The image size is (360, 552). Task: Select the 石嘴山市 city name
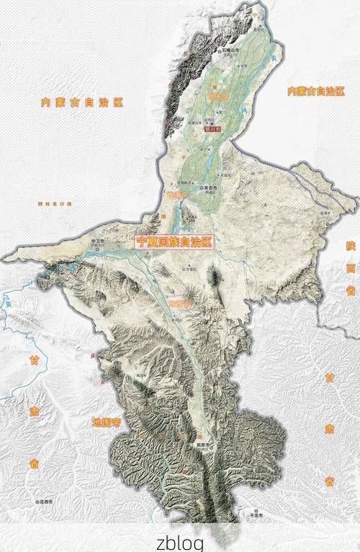coord(232,51)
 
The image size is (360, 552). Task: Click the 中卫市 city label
coord(99,241)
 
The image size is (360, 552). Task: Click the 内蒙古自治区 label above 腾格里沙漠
coord(81,102)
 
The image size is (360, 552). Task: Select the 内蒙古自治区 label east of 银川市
coord(316,91)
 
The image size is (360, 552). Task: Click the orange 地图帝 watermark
coord(106,422)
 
